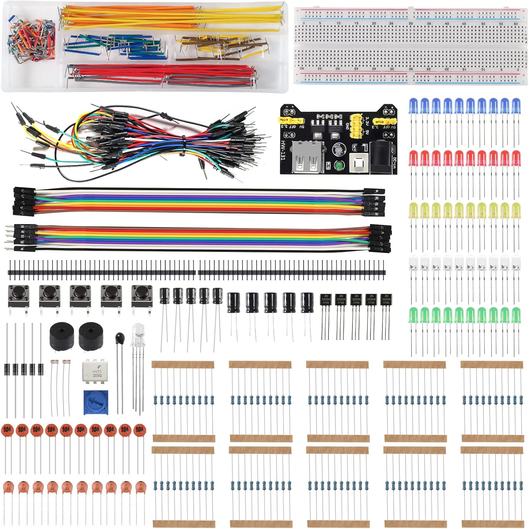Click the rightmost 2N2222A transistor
(x=386, y=300)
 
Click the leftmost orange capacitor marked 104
(x=7, y=430)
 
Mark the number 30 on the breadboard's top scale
(x=410, y=24)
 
